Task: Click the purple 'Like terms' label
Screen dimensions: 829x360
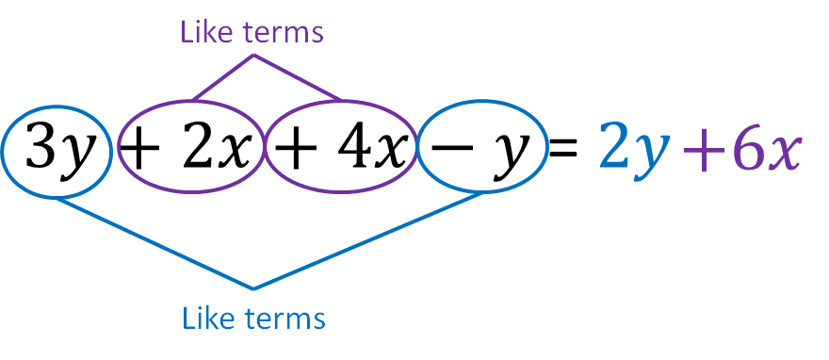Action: click(252, 31)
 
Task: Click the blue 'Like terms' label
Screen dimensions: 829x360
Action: click(253, 319)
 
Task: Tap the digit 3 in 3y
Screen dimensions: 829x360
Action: click(41, 146)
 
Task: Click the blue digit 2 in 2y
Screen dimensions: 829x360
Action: click(614, 145)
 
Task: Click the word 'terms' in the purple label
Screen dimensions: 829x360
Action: click(283, 33)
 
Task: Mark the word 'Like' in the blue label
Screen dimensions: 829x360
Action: click(206, 319)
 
